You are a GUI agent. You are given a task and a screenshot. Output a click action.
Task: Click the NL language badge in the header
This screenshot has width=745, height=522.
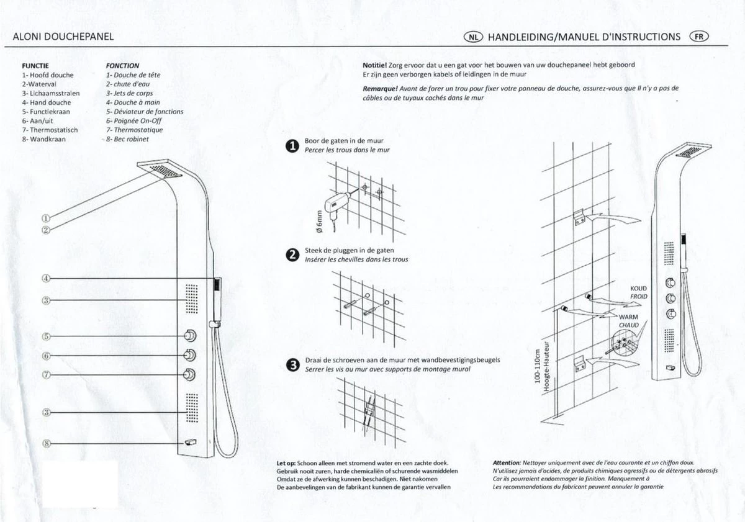(473, 37)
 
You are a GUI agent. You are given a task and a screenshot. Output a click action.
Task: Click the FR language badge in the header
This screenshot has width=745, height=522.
(699, 36)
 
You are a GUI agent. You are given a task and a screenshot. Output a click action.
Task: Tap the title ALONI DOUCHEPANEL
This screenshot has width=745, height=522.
(63, 37)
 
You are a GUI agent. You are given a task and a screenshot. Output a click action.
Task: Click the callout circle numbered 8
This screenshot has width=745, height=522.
(46, 443)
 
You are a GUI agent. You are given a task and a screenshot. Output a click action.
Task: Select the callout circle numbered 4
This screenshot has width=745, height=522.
(46, 278)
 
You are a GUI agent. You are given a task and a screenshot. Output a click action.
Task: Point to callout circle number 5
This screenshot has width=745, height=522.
(46, 336)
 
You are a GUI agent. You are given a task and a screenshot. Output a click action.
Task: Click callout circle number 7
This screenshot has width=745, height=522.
(46, 375)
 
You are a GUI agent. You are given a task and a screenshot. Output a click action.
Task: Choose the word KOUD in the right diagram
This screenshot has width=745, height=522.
(638, 289)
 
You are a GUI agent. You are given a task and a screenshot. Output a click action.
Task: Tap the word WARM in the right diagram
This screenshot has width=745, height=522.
(629, 317)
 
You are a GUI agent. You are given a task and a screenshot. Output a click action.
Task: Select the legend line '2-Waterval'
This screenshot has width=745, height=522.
(39, 84)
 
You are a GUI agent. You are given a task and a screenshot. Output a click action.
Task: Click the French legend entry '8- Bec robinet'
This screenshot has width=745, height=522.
(128, 139)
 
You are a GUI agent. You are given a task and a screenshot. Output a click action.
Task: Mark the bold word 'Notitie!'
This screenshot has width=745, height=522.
(375, 65)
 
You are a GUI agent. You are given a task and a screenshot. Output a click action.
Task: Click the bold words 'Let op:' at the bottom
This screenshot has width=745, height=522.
(287, 463)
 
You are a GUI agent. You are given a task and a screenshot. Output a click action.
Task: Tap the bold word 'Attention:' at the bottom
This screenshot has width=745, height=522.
(506, 463)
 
